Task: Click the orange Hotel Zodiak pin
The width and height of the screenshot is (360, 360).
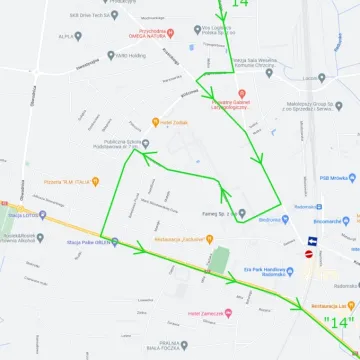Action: (154, 122)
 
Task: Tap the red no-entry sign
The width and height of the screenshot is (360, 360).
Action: (309, 254)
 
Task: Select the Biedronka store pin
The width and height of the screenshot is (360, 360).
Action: (250, 220)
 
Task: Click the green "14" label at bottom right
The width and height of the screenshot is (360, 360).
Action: (340, 322)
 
